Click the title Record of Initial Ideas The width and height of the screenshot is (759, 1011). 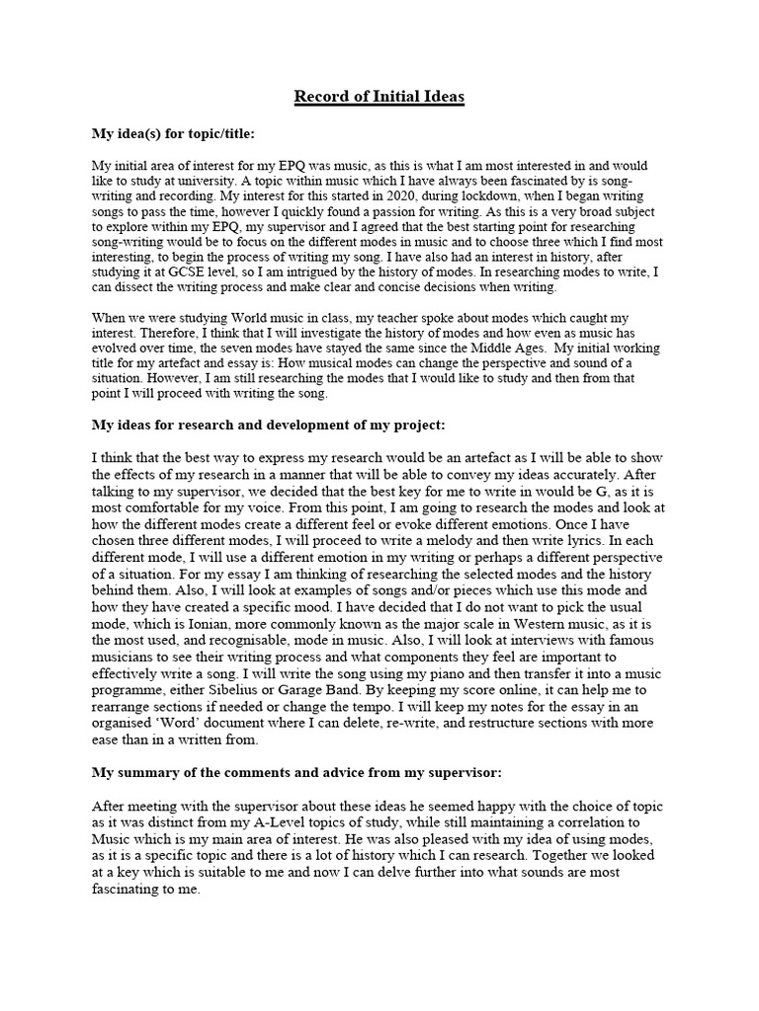(x=379, y=97)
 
